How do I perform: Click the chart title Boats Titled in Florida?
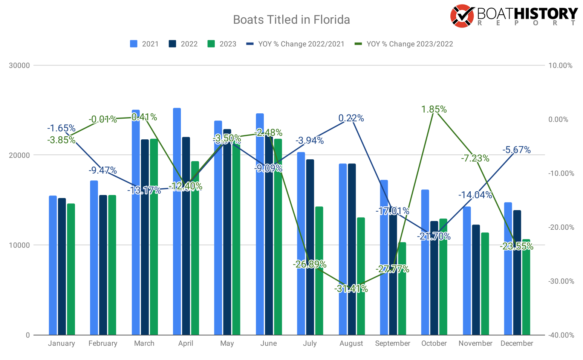click(291, 20)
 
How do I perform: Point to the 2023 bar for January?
click(71, 269)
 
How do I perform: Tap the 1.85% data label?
click(434, 110)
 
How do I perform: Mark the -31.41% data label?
click(351, 289)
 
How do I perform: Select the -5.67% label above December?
click(516, 150)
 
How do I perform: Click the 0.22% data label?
click(351, 118)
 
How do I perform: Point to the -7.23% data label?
click(475, 159)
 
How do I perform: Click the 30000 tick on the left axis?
click(19, 66)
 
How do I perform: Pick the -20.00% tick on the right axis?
click(561, 227)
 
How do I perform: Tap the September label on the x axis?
click(392, 343)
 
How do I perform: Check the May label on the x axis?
click(227, 343)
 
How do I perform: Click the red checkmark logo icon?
click(462, 16)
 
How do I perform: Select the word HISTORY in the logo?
click(545, 14)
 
